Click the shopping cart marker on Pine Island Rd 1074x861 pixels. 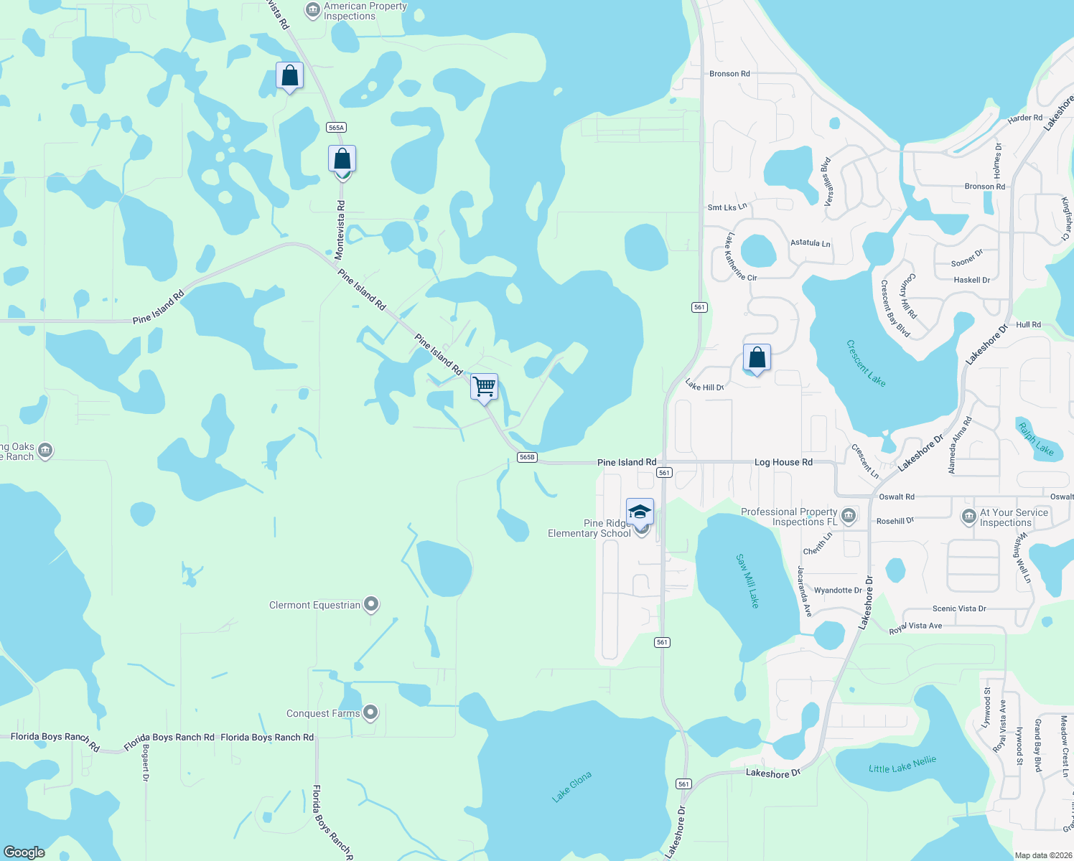coord(485,387)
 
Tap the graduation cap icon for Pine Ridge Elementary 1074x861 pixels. coord(640,512)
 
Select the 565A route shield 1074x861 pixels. coord(336,128)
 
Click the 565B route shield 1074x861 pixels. coord(527,457)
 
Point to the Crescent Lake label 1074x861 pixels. coord(866,363)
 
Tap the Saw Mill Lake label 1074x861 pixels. coord(747,580)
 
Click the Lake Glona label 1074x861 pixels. coord(572,786)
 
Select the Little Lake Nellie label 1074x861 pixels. coord(902,765)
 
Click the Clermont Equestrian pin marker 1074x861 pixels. coord(371,605)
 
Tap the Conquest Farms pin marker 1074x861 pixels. coord(370,713)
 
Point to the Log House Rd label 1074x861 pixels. coord(783,462)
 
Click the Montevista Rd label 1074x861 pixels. coord(340,230)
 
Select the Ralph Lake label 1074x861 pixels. coord(1035,439)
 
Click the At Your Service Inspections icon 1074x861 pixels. coord(968,515)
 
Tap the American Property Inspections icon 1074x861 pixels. coord(312,10)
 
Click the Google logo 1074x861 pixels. coord(24,852)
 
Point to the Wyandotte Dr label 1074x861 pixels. coord(838,591)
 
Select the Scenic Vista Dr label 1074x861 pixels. coord(959,608)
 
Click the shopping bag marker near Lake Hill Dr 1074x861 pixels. coord(757,357)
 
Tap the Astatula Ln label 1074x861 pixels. coord(810,243)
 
